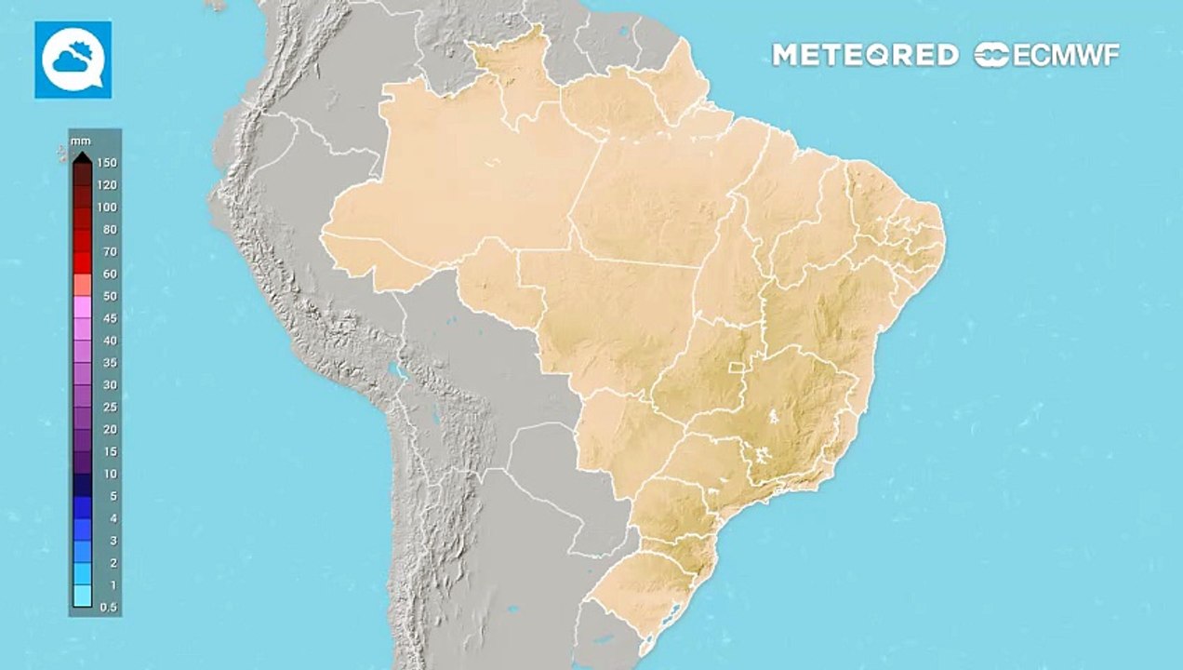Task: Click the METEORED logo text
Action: (865, 55)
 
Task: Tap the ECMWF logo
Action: (1047, 55)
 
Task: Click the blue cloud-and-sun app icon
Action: (73, 60)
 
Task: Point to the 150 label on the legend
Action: (107, 163)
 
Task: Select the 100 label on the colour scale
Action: (107, 208)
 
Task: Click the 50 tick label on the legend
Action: (110, 296)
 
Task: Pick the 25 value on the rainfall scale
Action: (110, 408)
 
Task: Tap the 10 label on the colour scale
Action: (110, 474)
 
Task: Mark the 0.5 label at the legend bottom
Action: (109, 607)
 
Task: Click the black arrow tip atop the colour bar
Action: (82, 155)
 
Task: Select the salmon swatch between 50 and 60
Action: (82, 285)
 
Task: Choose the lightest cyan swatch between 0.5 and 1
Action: (82, 596)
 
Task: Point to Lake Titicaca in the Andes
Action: (400, 372)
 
